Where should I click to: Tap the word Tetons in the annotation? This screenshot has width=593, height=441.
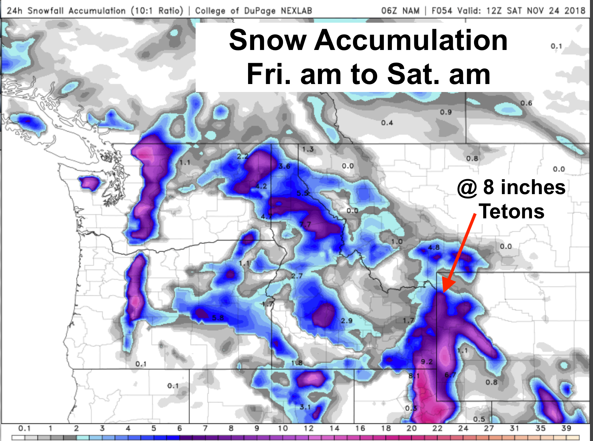pyautogui.click(x=511, y=211)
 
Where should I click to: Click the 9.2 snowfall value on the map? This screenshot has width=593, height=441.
pyautogui.click(x=427, y=362)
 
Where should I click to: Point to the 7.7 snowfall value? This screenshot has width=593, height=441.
pyautogui.click(x=305, y=224)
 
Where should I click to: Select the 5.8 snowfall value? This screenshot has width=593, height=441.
pyautogui.click(x=218, y=318)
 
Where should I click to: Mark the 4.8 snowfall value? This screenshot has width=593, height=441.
pyautogui.click(x=434, y=247)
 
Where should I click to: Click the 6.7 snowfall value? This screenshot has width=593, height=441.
pyautogui.click(x=450, y=375)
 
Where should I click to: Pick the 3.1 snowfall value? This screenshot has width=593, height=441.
pyautogui.click(x=305, y=407)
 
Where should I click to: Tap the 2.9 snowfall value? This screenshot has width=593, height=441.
pyautogui.click(x=347, y=321)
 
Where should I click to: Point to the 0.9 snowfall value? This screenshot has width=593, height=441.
pyautogui.click(x=446, y=112)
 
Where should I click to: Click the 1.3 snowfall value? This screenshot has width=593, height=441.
pyautogui.click(x=308, y=149)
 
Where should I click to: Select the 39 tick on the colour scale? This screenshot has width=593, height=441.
pyautogui.click(x=566, y=428)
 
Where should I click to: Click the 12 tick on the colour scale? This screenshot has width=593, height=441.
pyautogui.click(x=308, y=428)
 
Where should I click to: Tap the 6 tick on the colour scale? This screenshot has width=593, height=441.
pyautogui.click(x=179, y=428)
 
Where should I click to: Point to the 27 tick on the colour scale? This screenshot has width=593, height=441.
pyautogui.click(x=489, y=428)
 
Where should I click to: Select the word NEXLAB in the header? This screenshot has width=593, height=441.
pyautogui.click(x=296, y=11)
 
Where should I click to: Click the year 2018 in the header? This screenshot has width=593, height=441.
pyautogui.click(x=575, y=11)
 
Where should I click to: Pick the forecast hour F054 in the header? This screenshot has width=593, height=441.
pyautogui.click(x=442, y=11)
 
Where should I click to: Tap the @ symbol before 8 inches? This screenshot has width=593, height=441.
pyautogui.click(x=467, y=188)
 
